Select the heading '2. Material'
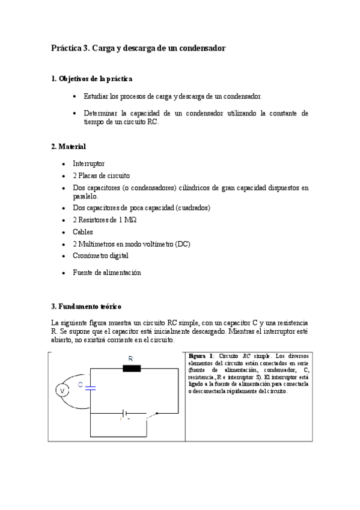(69, 146)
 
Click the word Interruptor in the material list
(88, 164)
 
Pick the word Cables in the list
(83, 232)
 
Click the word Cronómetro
(91, 256)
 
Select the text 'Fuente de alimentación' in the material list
(106, 272)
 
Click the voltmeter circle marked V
(61, 391)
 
